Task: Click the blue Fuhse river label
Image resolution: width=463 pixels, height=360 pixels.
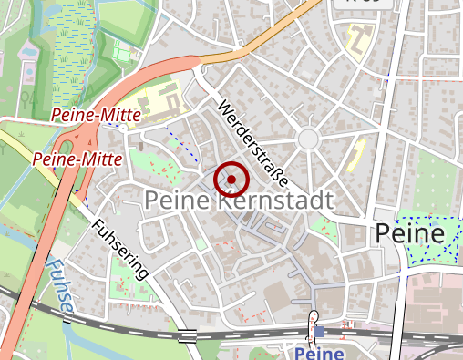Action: pyautogui.click(x=58, y=289)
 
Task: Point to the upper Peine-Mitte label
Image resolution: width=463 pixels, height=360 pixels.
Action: pyautogui.click(x=95, y=115)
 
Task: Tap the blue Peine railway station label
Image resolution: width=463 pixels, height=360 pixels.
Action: pyautogui.click(x=319, y=352)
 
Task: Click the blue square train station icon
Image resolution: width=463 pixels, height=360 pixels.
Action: pyautogui.click(x=318, y=332)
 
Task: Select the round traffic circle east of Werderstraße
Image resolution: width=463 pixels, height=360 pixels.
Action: pyautogui.click(x=308, y=139)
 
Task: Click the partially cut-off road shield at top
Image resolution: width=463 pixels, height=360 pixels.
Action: pyautogui.click(x=365, y=4)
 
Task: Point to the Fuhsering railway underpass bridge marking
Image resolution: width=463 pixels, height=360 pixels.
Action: pyautogui.click(x=188, y=334)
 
